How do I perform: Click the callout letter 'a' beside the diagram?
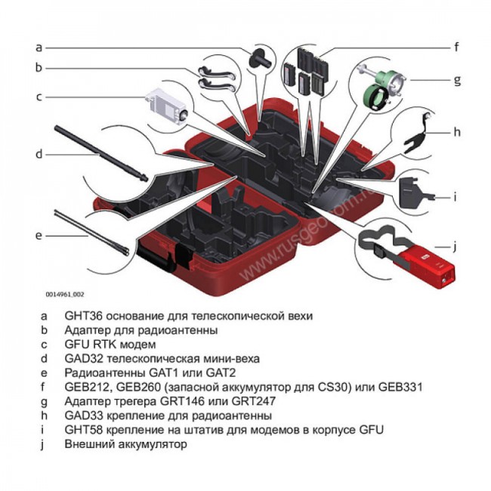[x=39, y=47]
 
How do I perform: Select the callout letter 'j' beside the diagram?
[x=456, y=245]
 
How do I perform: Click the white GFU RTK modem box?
[x=168, y=103]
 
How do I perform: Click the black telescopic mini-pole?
[x=98, y=151]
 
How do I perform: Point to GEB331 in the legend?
[x=400, y=387]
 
